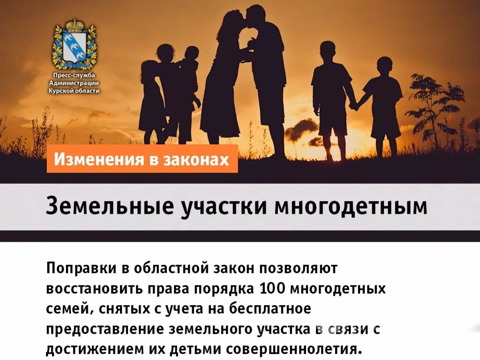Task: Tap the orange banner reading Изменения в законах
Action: (x=142, y=159)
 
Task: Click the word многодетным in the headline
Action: (x=357, y=207)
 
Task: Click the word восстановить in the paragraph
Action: (x=90, y=288)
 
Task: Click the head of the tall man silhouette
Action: (x=256, y=15)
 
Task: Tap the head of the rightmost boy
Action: (x=385, y=66)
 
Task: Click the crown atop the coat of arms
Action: (x=74, y=25)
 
